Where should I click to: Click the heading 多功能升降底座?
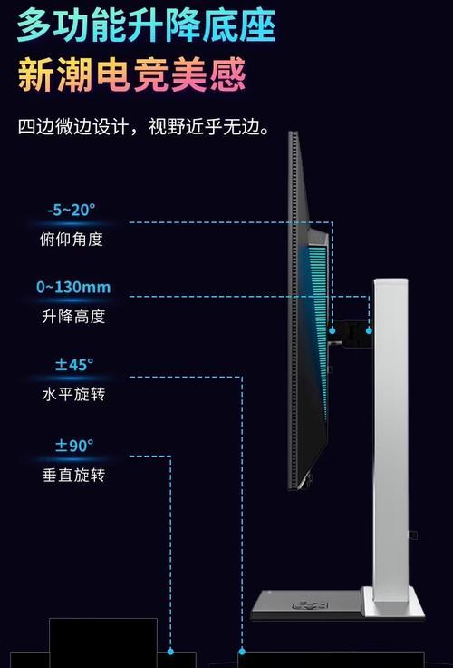point(146,25)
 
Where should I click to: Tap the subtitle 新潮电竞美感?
point(132,75)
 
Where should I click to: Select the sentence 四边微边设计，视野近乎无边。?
point(144,126)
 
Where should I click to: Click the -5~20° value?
point(71,210)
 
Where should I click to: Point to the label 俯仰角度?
point(72,240)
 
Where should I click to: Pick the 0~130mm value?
point(73,287)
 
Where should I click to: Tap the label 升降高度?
point(73,317)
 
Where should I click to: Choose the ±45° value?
point(74,365)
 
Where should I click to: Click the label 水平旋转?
point(73,394)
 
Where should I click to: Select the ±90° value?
point(74,446)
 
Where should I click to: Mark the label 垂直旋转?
point(73,475)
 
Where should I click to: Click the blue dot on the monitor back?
point(333,330)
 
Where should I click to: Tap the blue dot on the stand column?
point(369,330)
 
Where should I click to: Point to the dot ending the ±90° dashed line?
point(170,652)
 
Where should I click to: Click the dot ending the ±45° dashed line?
point(242,652)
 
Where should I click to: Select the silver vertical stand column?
point(390,438)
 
